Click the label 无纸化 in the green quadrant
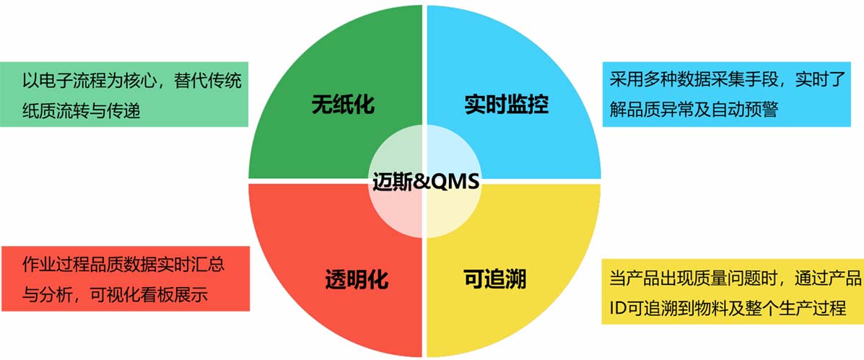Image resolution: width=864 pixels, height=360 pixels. click(x=344, y=103)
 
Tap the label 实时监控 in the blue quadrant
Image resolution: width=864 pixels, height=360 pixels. click(x=507, y=103)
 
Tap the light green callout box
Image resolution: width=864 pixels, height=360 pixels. click(x=124, y=94)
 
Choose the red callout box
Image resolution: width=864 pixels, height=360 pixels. click(x=125, y=278)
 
